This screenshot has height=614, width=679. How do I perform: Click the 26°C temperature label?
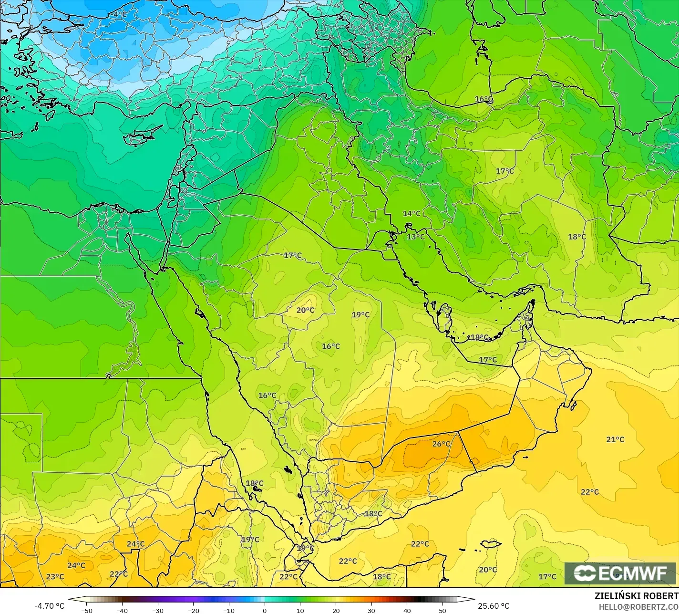[x=441, y=444]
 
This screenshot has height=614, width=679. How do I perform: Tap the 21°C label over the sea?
[x=615, y=439]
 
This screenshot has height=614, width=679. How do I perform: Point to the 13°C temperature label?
[x=415, y=237]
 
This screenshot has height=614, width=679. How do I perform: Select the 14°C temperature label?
[x=412, y=213]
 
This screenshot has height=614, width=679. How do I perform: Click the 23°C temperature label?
[x=55, y=576]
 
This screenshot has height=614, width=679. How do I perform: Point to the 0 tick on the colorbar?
[x=265, y=610]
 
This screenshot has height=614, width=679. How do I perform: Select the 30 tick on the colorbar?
[x=371, y=610]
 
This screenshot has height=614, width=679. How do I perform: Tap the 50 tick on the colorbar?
[x=442, y=610]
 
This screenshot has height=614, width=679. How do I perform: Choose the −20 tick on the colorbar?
[x=193, y=610]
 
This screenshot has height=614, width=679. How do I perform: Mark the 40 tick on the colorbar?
[x=407, y=610]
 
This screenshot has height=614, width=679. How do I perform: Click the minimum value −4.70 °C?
[x=49, y=606]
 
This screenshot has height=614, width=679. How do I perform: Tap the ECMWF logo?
[x=620, y=573]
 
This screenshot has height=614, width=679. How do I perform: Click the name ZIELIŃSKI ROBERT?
[x=636, y=596]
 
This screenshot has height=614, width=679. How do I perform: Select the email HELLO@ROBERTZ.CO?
[x=638, y=606]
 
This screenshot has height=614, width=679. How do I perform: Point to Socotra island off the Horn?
[x=491, y=544]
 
